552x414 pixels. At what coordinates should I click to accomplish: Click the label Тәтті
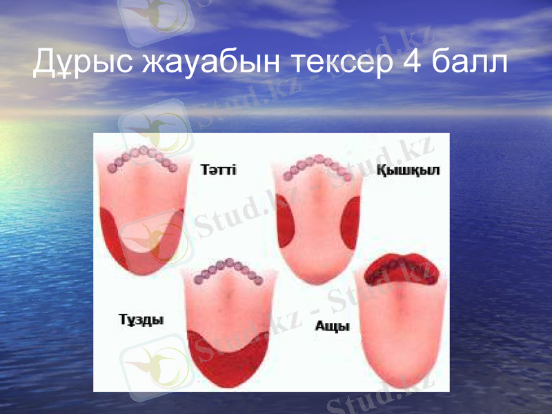pyautogui.click(x=218, y=169)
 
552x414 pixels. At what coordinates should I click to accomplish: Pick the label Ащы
pyautogui.click(x=332, y=326)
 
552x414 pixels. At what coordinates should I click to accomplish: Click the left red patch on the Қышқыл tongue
pyautogui.click(x=286, y=221)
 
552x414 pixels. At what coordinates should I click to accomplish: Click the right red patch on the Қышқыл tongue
pyautogui.click(x=350, y=221)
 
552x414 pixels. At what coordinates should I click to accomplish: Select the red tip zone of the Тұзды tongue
pyautogui.click(x=228, y=362)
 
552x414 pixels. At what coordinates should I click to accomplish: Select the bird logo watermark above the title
pyautogui.click(x=155, y=17)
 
